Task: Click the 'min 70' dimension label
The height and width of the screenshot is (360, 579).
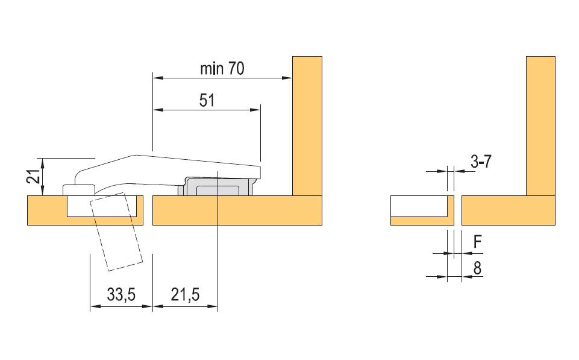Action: click(x=222, y=69)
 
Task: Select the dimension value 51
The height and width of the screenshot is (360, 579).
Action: click(x=207, y=101)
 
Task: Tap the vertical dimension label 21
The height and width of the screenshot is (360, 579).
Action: click(x=33, y=177)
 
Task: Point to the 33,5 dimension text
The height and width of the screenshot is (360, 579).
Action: click(x=121, y=295)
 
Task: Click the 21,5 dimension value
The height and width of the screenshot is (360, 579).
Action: click(x=185, y=295)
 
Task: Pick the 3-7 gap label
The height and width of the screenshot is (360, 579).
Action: click(x=481, y=162)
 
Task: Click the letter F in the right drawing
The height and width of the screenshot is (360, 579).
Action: click(x=477, y=242)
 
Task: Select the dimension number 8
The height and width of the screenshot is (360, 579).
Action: click(x=477, y=268)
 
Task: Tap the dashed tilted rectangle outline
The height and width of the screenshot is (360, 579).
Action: click(x=116, y=232)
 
